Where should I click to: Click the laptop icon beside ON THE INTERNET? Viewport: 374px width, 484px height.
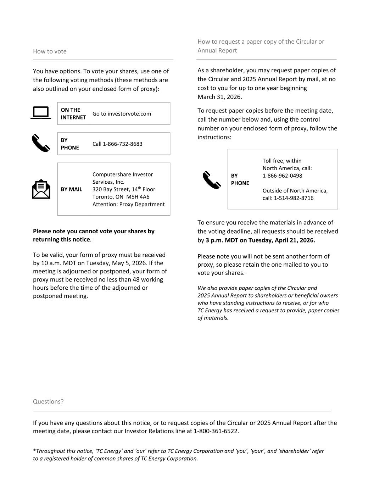pyautogui.click(x=41, y=113)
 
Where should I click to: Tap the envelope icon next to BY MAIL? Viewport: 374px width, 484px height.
pyautogui.click(x=41, y=189)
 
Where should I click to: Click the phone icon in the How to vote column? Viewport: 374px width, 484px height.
pyautogui.click(x=41, y=143)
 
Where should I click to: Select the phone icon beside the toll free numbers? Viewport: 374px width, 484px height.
pyautogui.click(x=212, y=180)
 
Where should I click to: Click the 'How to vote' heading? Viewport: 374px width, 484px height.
pyautogui.click(x=50, y=51)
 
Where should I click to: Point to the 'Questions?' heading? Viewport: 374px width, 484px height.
pyautogui.click(x=48, y=401)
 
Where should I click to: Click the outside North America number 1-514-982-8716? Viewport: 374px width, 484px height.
pyautogui.click(x=294, y=198)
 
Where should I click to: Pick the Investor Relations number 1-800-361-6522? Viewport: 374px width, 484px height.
pyautogui.click(x=216, y=431)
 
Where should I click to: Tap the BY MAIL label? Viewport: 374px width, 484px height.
pyautogui.click(x=71, y=189)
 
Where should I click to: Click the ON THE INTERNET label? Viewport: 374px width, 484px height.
pyautogui.click(x=73, y=113)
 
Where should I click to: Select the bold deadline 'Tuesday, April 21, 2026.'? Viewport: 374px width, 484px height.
pyautogui.click(x=281, y=240)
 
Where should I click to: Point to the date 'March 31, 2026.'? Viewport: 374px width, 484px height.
pyautogui.click(x=220, y=97)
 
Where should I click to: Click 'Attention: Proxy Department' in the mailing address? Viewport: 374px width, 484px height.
pyautogui.click(x=128, y=204)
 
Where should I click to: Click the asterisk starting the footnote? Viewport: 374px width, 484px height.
pyautogui.click(x=34, y=451)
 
